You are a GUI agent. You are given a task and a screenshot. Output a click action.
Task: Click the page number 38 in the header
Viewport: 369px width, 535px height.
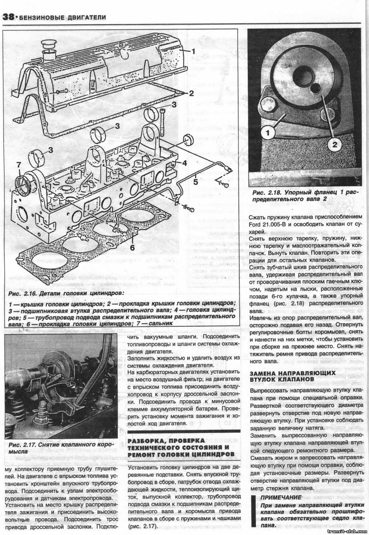pos(8,17)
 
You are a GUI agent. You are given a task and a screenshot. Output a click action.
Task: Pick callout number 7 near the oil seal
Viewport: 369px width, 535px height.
pos(19,165)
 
